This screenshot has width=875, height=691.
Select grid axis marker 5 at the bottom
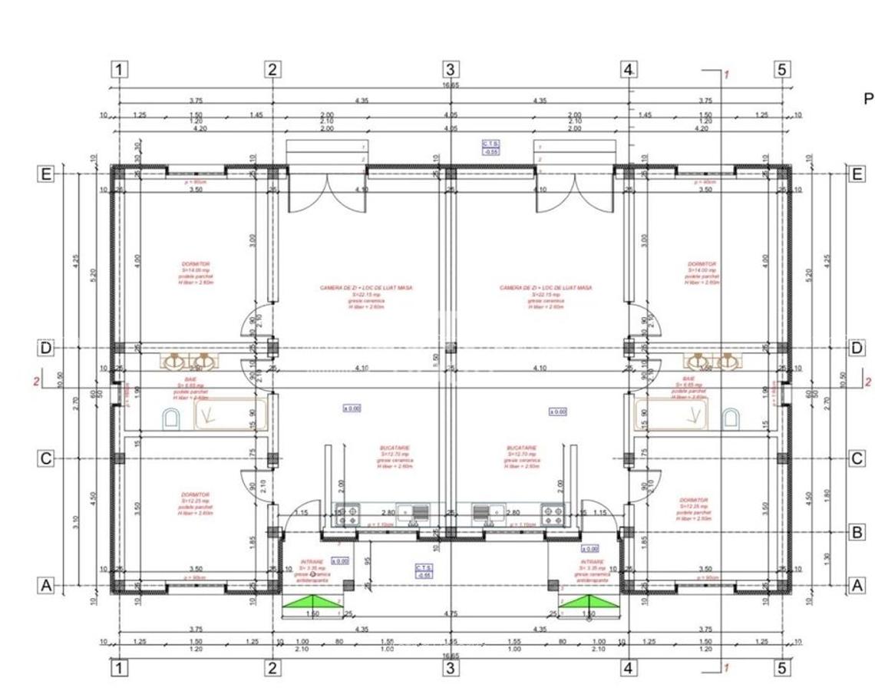(781, 668)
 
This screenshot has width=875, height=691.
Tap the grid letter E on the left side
(46, 174)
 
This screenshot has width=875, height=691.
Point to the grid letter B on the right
(858, 532)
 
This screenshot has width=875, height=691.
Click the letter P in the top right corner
(868, 99)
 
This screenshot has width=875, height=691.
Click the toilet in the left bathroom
(171, 418)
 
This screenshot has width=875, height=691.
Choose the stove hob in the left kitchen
(348, 514)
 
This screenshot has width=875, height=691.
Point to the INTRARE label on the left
(312, 562)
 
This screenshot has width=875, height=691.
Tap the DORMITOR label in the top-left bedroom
(195, 263)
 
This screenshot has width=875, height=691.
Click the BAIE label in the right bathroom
(688, 379)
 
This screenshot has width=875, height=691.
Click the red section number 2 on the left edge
(36, 381)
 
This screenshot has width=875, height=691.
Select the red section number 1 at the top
(726, 74)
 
